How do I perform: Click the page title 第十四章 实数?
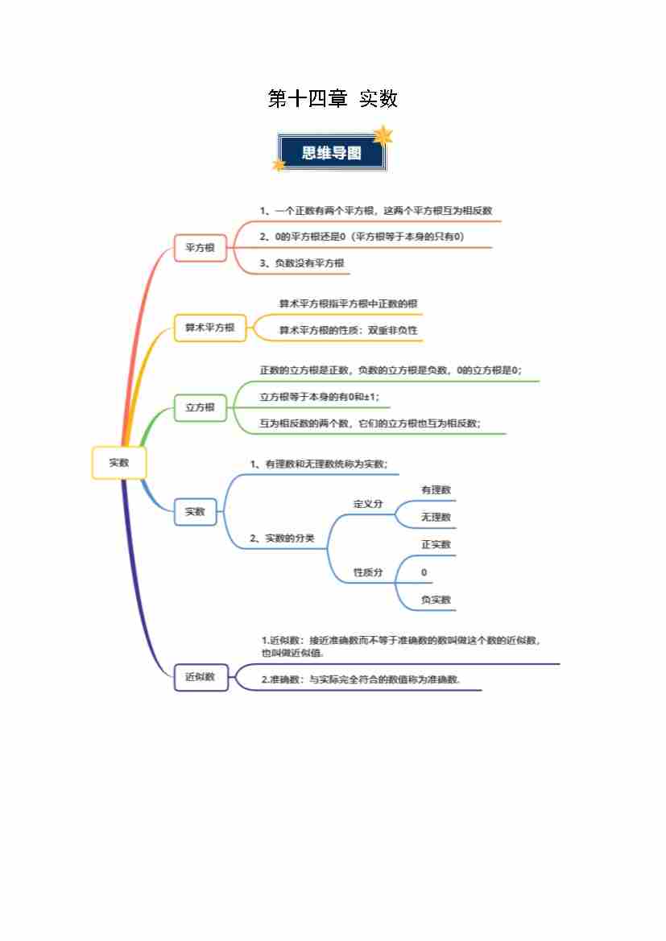333,98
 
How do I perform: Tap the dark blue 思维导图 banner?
332,152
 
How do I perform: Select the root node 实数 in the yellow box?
119,463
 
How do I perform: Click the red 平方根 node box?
200,248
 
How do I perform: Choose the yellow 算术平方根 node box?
209,328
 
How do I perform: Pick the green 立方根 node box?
200,407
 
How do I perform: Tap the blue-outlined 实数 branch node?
195,512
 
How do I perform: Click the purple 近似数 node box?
201,677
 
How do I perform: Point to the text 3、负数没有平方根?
302,263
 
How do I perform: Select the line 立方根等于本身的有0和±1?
319,397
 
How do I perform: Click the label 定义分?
368,504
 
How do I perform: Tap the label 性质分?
368,572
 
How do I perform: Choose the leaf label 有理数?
436,490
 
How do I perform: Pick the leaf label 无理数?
436,518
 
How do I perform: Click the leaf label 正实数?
436,545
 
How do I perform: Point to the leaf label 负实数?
436,600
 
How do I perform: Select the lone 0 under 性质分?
424,572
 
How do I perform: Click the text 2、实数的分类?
282,539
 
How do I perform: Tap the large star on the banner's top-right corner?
382,136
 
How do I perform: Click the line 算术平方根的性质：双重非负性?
349,330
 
